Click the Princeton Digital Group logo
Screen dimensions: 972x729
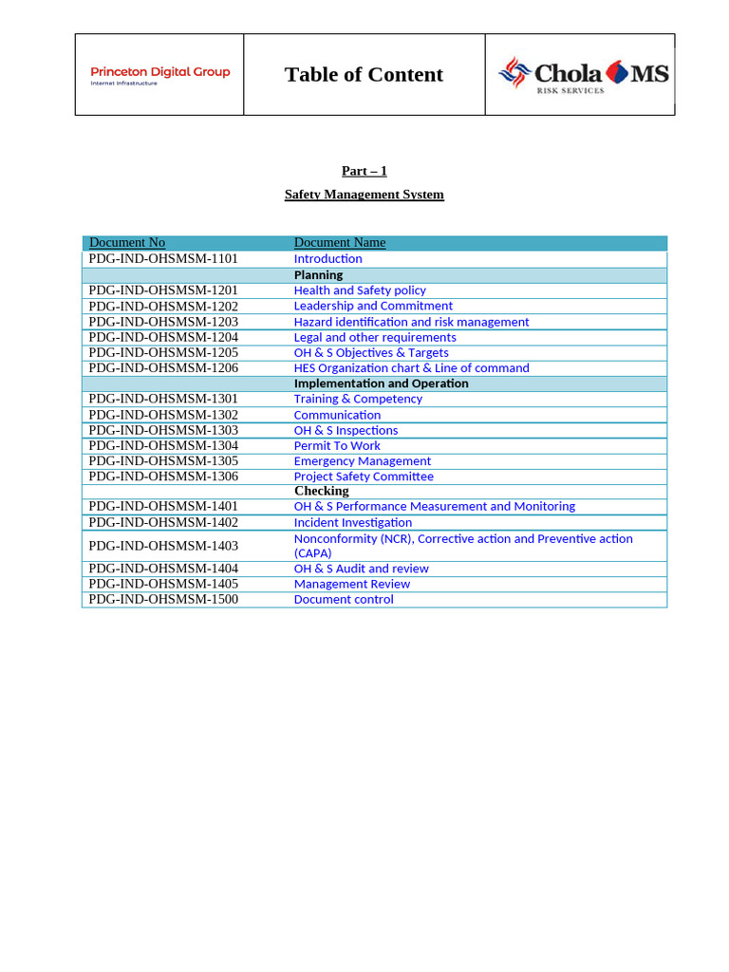159,75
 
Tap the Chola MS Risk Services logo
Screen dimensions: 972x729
584,75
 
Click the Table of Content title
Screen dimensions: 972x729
364,75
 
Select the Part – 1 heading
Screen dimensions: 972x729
364,171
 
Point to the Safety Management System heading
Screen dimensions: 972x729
364,195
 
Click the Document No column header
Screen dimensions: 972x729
127,243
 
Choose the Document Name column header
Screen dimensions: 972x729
340,243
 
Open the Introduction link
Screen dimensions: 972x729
327,259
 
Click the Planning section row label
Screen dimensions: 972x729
318,275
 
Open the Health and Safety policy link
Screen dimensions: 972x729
360,290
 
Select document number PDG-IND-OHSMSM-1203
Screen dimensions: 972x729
163,322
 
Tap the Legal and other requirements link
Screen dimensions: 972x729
375,337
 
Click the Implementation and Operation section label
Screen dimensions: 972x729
381,383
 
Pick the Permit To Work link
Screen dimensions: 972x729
337,445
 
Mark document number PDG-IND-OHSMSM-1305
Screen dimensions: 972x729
163,460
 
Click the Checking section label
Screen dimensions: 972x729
321,491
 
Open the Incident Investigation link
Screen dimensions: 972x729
352,522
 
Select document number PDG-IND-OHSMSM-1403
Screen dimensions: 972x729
163,546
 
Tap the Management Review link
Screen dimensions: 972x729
351,584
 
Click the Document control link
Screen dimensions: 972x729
343,599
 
